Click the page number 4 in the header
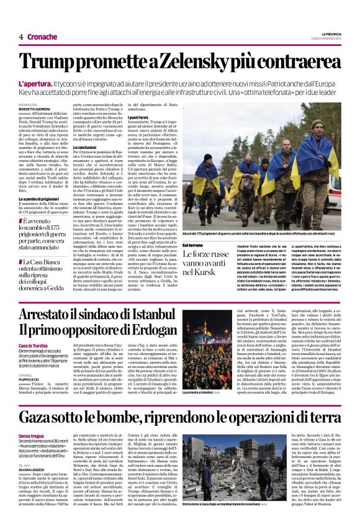(20, 37)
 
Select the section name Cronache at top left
(43, 37)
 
